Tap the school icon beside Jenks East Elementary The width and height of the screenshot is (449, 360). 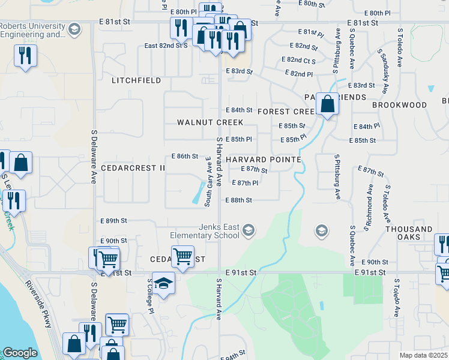(x=249, y=230)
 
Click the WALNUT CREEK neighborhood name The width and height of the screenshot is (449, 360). (x=210, y=122)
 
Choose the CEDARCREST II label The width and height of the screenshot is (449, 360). (x=133, y=168)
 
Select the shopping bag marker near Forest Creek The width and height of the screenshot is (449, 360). (x=328, y=104)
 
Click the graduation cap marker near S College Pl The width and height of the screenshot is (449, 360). (x=163, y=283)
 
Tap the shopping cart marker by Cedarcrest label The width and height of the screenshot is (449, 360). (x=182, y=256)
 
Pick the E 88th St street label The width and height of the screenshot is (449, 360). (x=238, y=200)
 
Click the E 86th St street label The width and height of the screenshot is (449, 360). (x=185, y=156)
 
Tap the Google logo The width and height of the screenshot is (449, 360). (x=20, y=353)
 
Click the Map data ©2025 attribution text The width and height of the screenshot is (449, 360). (x=423, y=355)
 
